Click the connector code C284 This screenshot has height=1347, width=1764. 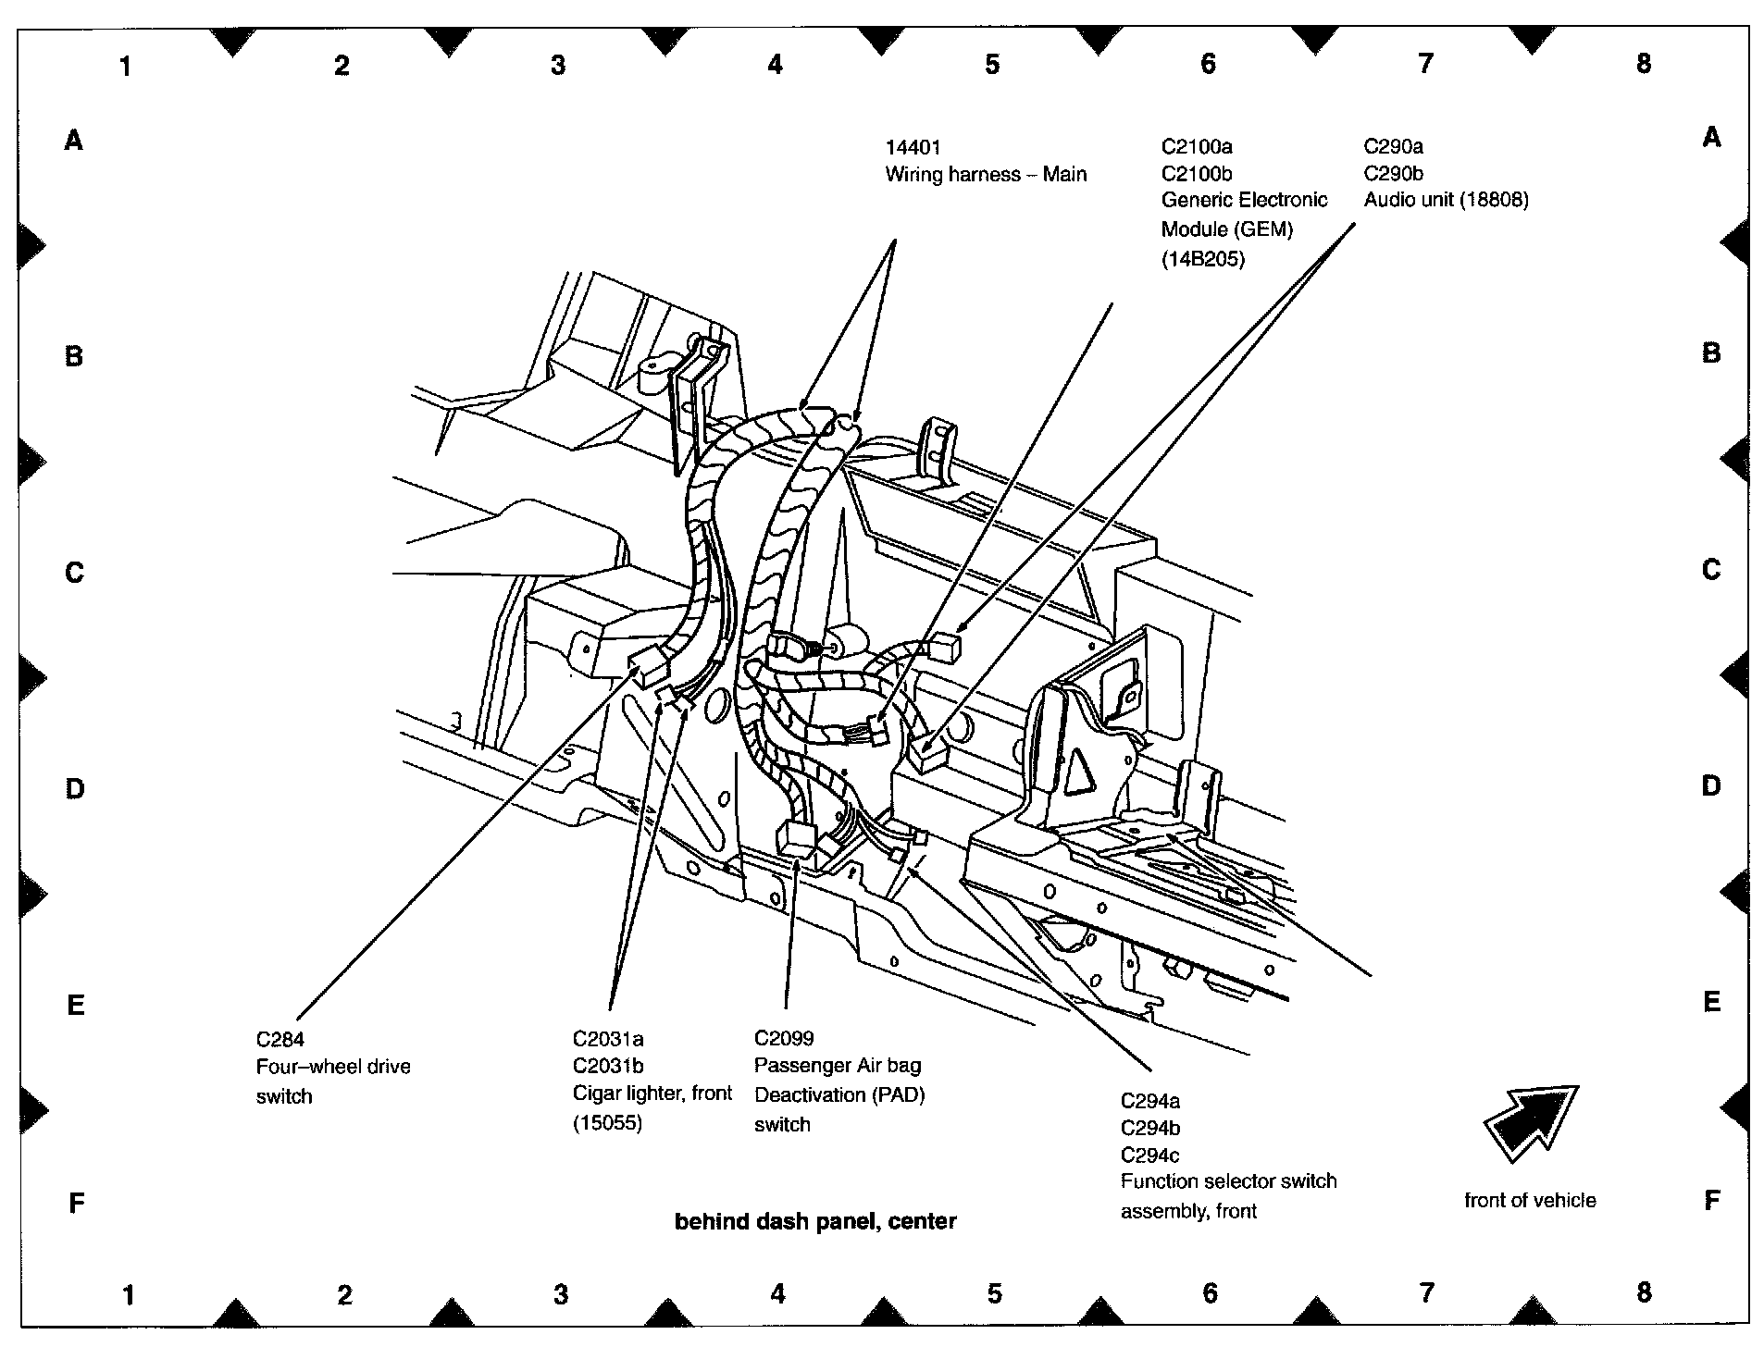click(x=280, y=1039)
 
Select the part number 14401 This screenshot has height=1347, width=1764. click(x=913, y=147)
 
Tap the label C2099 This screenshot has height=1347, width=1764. click(x=784, y=1038)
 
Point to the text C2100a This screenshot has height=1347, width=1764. click(x=1197, y=146)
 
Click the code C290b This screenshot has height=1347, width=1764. click(x=1393, y=173)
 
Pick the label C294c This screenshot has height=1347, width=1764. click(x=1150, y=1155)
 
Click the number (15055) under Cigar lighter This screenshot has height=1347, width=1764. click(x=607, y=1123)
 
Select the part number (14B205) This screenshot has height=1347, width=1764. click(x=1203, y=259)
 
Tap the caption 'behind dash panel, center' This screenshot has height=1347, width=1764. click(x=815, y=1221)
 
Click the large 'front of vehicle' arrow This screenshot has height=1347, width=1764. click(x=1529, y=1122)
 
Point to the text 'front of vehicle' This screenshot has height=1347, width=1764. click(x=1530, y=1200)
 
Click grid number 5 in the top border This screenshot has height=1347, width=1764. click(x=992, y=64)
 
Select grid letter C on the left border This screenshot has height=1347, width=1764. click(x=75, y=573)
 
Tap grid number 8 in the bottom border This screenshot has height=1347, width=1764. click(x=1644, y=1291)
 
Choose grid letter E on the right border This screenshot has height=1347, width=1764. click(x=1711, y=1002)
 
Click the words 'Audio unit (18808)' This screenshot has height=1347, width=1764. click(x=1446, y=200)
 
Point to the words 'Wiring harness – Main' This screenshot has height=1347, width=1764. click(x=986, y=174)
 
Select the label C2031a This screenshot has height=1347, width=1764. click(x=608, y=1039)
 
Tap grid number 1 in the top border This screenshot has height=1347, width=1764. click(x=125, y=66)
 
